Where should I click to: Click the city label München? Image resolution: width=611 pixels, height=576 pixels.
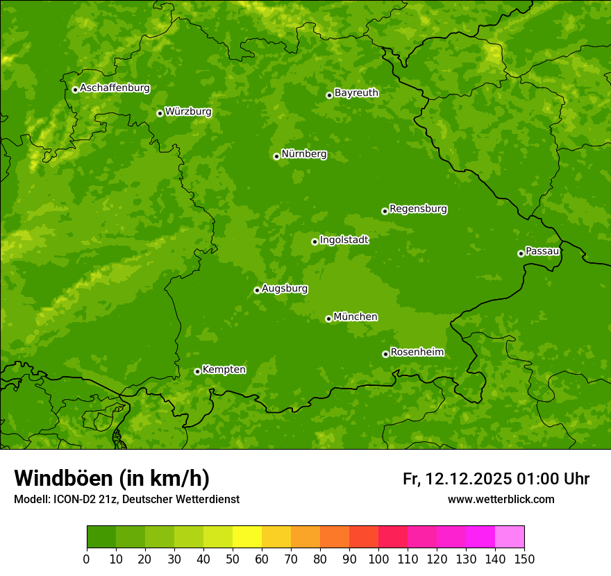[x=355, y=317]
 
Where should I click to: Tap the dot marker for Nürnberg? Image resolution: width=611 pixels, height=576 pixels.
[x=276, y=156]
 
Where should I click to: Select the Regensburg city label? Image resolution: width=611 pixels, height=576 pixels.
[x=418, y=209]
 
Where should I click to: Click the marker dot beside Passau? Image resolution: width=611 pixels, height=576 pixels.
[x=521, y=253]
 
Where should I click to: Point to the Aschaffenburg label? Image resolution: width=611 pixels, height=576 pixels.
[x=115, y=88]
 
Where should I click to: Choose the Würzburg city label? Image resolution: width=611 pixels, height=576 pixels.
[x=188, y=112]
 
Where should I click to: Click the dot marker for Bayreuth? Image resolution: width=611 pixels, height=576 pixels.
[x=329, y=95]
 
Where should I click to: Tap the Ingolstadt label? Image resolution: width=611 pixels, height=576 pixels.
[x=344, y=240]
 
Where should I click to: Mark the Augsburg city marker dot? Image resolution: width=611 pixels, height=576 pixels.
[x=257, y=290]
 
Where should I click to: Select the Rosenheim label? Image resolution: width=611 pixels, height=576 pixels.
[x=417, y=353]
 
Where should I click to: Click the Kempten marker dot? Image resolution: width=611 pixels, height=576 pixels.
[x=197, y=371]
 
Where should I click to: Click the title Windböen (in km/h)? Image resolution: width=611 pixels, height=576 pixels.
[x=111, y=478]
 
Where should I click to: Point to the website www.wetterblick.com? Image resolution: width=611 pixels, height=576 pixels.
[x=501, y=500]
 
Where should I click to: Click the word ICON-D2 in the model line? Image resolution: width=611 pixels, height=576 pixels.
[x=74, y=500]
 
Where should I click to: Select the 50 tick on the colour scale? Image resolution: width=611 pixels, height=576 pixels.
[x=233, y=559]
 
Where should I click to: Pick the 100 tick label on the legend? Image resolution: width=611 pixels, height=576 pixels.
[x=378, y=559]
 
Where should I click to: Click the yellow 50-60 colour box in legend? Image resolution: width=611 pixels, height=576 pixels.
[x=247, y=536]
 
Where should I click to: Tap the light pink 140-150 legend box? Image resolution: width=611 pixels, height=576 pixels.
[x=510, y=536]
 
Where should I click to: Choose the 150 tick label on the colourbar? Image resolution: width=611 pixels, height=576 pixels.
[x=524, y=559]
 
